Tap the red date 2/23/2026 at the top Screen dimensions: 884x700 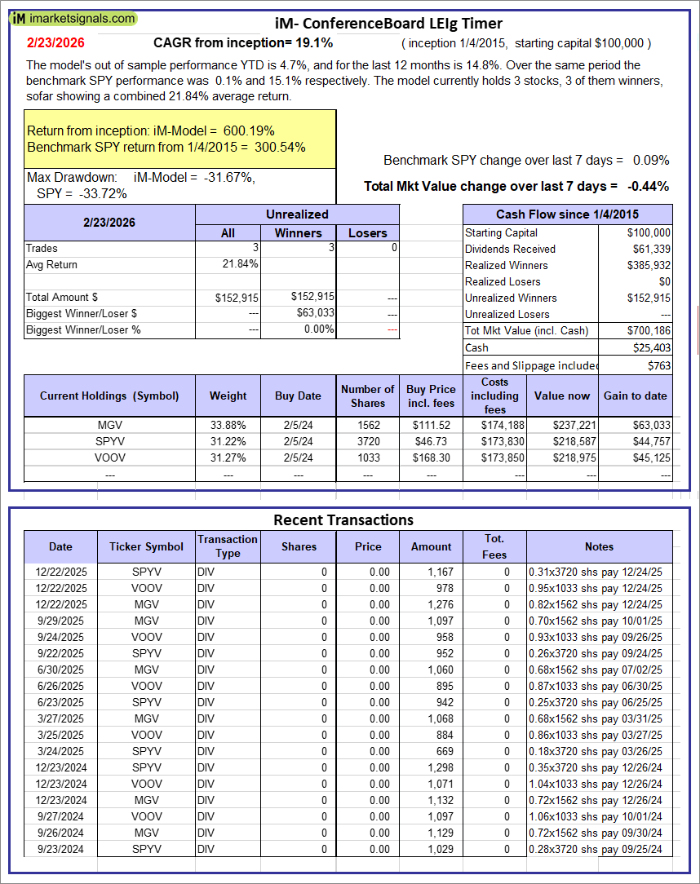[55, 42]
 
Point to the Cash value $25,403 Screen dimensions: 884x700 [652, 347]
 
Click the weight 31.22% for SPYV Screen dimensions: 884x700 [228, 441]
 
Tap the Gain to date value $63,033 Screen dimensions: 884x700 [652, 425]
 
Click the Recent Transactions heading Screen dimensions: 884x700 [343, 519]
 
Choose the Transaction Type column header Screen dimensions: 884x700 [228, 546]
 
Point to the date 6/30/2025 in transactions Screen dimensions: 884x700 [60, 670]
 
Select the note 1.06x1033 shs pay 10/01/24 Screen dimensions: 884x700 [596, 816]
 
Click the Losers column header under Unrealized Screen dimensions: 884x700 [368, 233]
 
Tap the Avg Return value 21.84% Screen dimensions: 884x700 [241, 264]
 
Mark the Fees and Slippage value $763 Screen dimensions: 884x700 [658, 365]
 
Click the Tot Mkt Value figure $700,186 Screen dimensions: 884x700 [649, 330]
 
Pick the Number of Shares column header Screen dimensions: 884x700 [368, 396]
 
